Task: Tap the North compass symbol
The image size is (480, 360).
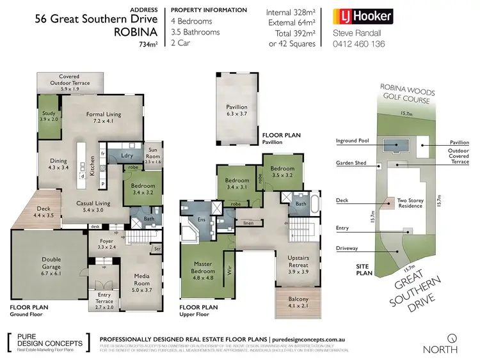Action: pos(452,337)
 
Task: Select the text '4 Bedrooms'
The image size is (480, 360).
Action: pos(191,21)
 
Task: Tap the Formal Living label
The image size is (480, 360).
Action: pos(103,117)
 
